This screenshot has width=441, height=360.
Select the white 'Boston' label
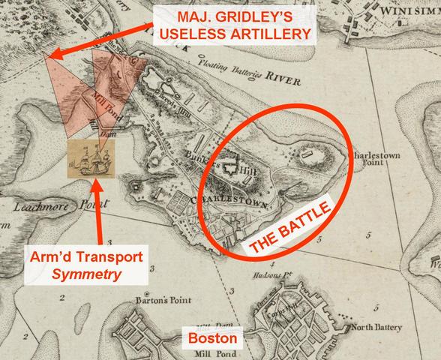(x=213, y=338)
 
